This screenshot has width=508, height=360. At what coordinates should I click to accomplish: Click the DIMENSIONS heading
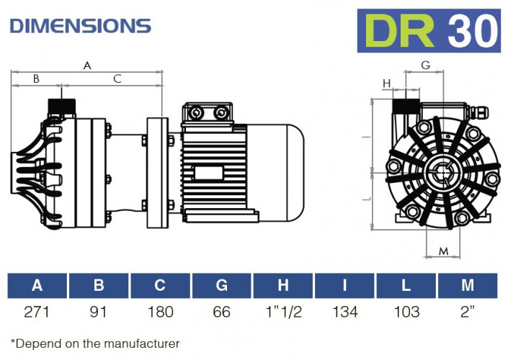coord(80,26)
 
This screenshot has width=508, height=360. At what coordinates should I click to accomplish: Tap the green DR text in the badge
coord(400,30)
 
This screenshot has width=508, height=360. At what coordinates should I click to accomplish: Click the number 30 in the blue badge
coord(472,30)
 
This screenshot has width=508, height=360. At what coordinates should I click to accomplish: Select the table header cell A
coord(37,286)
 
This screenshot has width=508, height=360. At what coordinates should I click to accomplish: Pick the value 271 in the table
coord(37,312)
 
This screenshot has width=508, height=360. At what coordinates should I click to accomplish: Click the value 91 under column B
coord(99,312)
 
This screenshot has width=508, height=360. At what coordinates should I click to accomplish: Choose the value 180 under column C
coord(160,312)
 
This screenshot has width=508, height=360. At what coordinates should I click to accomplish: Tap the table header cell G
coord(221,286)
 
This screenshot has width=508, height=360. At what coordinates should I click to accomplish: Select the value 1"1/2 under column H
coord(283,312)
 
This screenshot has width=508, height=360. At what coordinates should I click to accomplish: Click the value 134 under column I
coord(344,312)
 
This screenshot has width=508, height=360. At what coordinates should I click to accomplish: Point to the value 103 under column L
coord(406,312)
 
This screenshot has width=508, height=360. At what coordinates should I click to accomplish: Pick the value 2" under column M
coord(468,312)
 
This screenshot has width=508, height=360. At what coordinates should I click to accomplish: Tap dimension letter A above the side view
coord(87,66)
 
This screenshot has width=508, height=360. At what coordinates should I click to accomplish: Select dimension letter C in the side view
coord(117,79)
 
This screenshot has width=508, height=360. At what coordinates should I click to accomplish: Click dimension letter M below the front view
coord(445,251)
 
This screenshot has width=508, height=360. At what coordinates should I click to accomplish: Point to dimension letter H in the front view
coord(387,84)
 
